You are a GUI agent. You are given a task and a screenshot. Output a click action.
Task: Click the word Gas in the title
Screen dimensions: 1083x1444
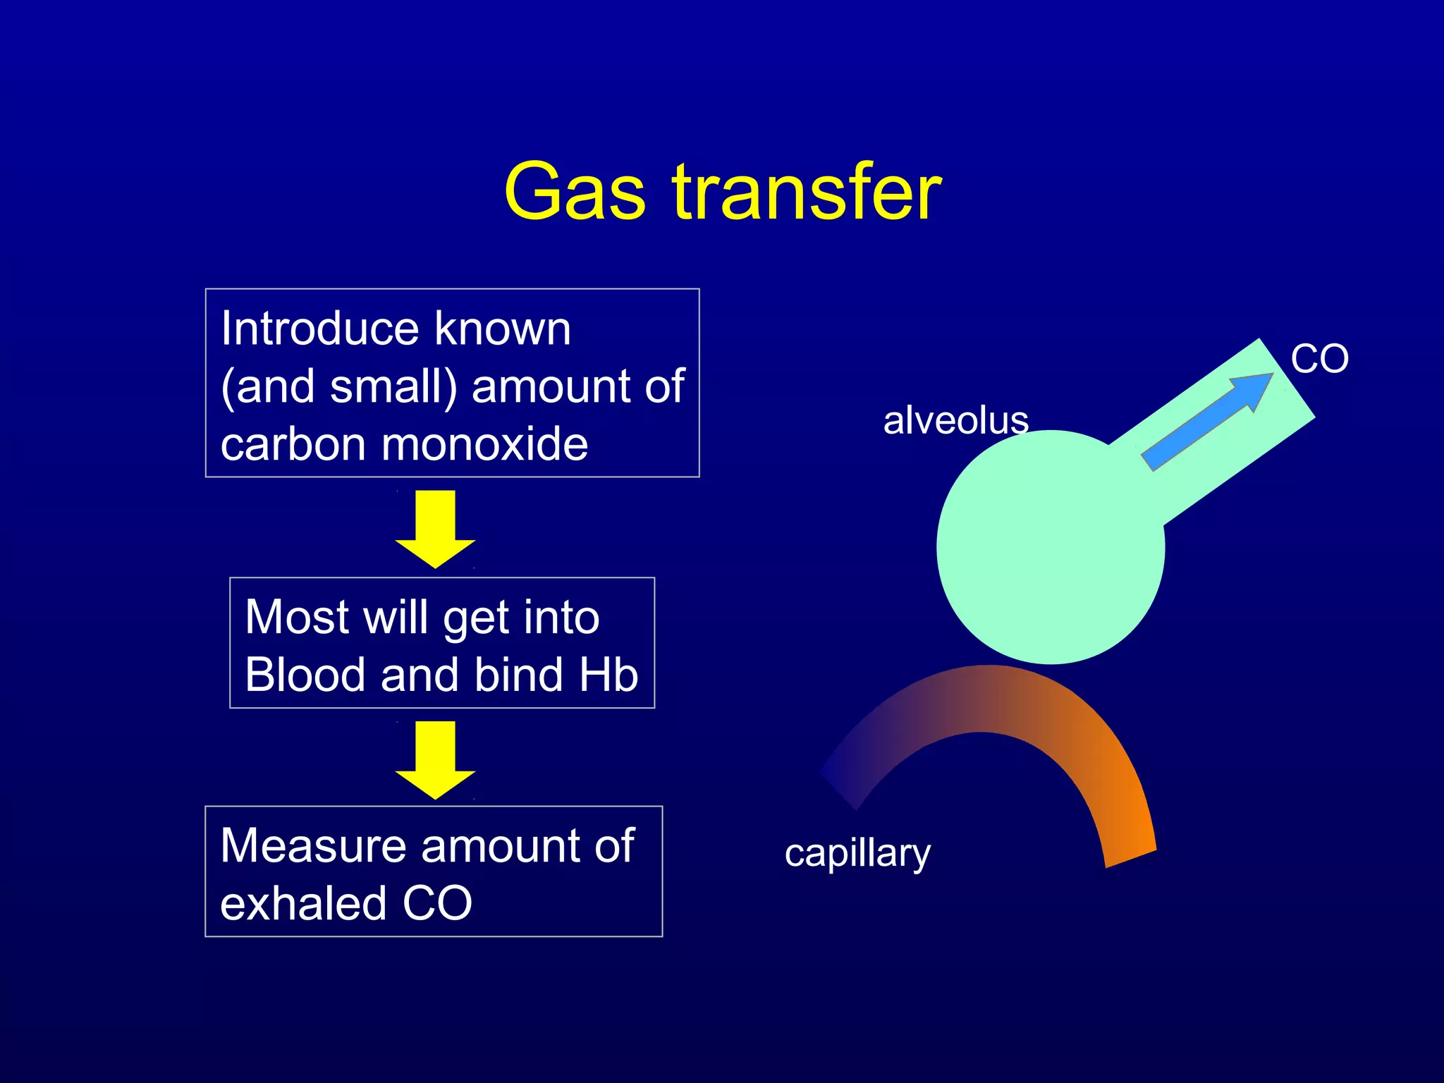[x=575, y=192]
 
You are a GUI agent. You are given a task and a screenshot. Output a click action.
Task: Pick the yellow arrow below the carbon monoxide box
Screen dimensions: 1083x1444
[x=435, y=529]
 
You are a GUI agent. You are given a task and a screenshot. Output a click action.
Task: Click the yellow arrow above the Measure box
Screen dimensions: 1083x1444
[x=435, y=760]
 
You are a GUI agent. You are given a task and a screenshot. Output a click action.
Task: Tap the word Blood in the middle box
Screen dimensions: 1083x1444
[x=305, y=675]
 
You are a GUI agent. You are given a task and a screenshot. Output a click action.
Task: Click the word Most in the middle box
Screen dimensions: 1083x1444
[x=295, y=617]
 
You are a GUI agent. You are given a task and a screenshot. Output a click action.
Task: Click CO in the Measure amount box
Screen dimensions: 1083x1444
[x=437, y=903]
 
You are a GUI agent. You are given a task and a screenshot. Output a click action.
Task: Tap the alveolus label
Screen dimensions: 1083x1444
[x=955, y=421]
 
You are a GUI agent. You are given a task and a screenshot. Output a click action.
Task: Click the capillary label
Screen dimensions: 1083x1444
[x=857, y=855]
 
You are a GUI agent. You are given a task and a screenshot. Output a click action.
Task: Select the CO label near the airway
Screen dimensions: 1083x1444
[x=1319, y=359]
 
